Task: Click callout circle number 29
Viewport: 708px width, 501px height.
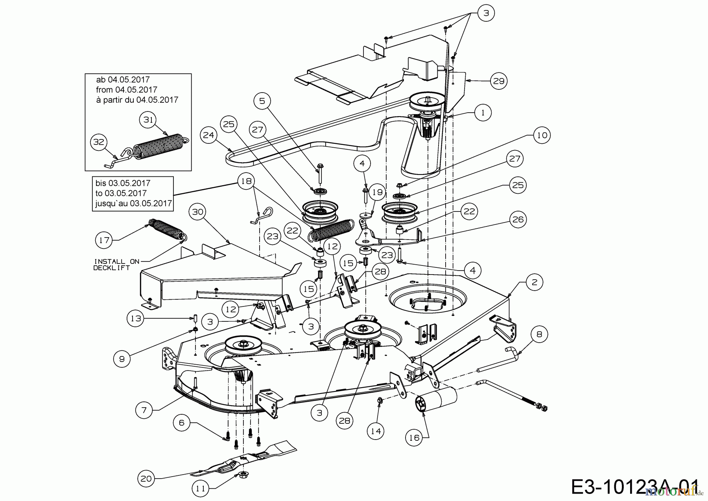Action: (499, 81)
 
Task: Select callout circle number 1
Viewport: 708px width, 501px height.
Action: (483, 113)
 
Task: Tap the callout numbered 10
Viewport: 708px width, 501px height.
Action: (542, 135)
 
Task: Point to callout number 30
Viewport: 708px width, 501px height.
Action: (197, 212)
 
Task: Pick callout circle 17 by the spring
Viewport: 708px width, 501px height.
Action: (104, 240)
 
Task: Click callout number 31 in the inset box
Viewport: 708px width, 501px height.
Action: (148, 119)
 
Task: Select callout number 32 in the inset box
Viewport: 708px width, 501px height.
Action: (99, 141)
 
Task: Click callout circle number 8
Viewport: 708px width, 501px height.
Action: (539, 334)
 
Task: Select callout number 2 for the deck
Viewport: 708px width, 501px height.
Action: (534, 282)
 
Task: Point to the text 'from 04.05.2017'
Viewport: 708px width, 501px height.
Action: (126, 90)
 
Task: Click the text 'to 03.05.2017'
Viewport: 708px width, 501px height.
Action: (121, 193)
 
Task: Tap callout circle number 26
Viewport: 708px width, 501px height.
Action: (518, 219)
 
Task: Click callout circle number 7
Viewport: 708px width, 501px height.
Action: (144, 410)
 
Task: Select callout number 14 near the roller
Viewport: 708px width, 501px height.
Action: (376, 431)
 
